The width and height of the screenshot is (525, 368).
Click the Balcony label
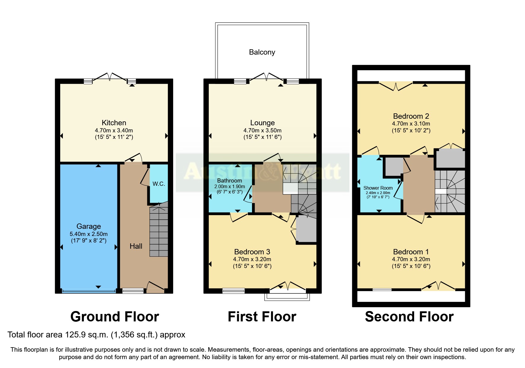pyautogui.click(x=262, y=52)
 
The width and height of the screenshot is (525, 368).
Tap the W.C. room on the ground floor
pyautogui.click(x=159, y=184)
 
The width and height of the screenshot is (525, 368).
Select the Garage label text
pyautogui.click(x=89, y=226)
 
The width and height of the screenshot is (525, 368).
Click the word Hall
pyautogui.click(x=136, y=246)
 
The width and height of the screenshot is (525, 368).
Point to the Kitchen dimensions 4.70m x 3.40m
pyautogui.click(x=114, y=130)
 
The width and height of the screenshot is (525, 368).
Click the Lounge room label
pyautogui.click(x=262, y=123)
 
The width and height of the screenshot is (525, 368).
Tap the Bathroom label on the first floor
pyautogui.click(x=229, y=180)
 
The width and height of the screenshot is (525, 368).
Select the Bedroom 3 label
pyautogui.click(x=252, y=252)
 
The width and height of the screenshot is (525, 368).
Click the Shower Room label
pyautogui.click(x=378, y=188)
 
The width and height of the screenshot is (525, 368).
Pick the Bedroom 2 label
pyautogui.click(x=411, y=116)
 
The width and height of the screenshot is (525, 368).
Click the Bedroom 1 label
pyautogui.click(x=411, y=252)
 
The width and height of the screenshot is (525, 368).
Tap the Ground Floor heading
pyautogui.click(x=115, y=317)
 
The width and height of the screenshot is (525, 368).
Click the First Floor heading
pyautogui.click(x=262, y=317)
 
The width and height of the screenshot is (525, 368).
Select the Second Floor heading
pyautogui.click(x=409, y=317)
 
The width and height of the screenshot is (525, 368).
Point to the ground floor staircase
pyautogui.click(x=159, y=229)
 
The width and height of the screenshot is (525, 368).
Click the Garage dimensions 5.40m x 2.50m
pyautogui.click(x=89, y=234)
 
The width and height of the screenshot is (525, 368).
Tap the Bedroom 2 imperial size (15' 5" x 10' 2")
pyautogui.click(x=411, y=130)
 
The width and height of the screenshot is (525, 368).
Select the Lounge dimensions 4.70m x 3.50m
pyautogui.click(x=262, y=130)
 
